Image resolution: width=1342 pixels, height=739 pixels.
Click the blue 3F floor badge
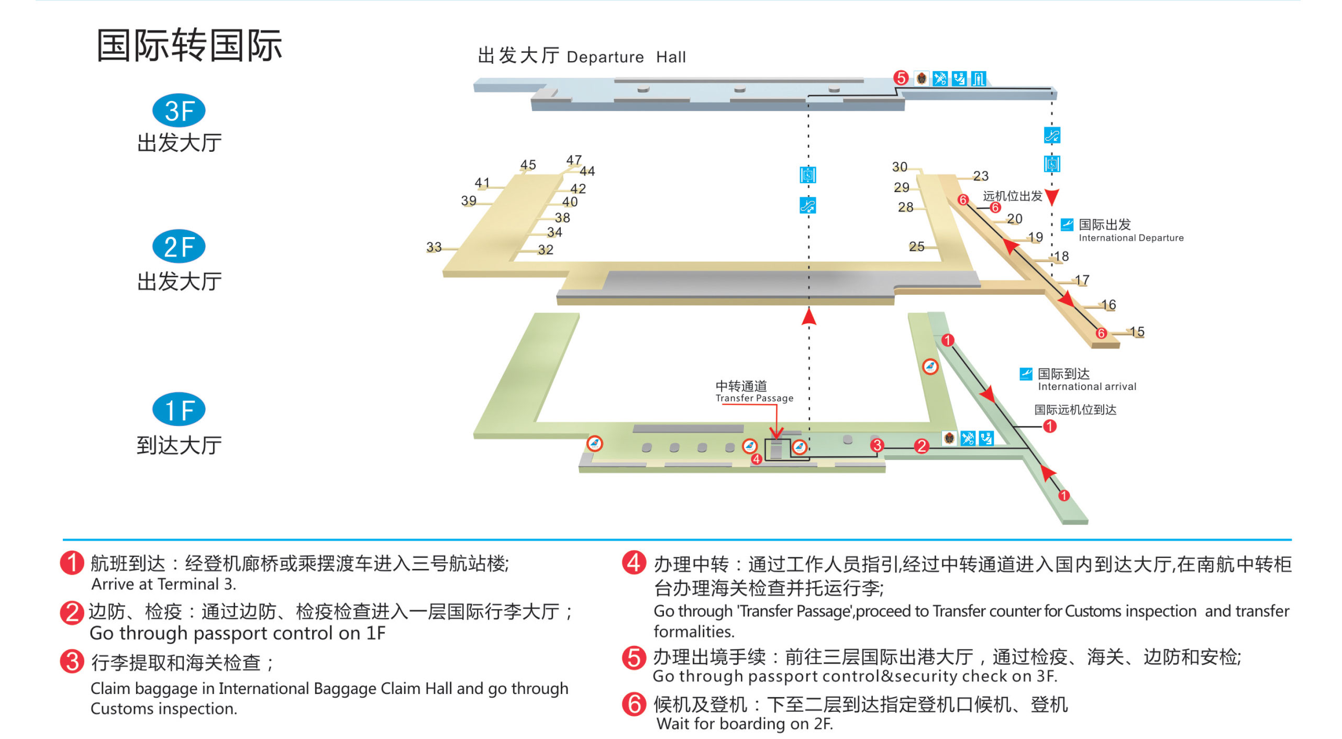179,110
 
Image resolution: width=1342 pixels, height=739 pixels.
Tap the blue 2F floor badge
179,247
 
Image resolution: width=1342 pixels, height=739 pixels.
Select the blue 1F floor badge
179,409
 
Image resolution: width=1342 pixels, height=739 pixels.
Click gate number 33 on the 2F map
434,247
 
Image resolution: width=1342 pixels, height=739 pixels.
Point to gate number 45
528,165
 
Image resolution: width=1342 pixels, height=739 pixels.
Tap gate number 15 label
1137,332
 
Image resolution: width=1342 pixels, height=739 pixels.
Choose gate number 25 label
916,246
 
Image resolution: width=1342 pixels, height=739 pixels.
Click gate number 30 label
900,167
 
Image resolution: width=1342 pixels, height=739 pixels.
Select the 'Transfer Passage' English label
754,398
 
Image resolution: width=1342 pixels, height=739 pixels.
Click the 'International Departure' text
1131,238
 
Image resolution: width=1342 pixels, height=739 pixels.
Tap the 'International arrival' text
1087,387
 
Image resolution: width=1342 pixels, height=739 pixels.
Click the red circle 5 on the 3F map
901,78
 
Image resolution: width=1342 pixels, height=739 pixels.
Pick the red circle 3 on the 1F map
877,445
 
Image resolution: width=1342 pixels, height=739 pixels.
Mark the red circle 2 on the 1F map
922,446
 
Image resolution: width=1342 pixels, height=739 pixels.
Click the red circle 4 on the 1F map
756,460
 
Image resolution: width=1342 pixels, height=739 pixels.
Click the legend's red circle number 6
634,704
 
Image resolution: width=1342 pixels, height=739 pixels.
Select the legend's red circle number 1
72,563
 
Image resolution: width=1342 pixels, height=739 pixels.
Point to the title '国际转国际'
189,46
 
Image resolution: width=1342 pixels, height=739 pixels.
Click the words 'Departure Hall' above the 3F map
626,57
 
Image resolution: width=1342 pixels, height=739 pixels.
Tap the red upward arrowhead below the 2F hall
809,316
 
